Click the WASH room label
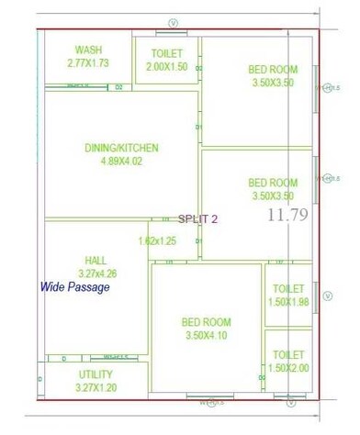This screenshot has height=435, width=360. click(x=88, y=50)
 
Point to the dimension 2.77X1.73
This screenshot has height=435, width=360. click(x=88, y=63)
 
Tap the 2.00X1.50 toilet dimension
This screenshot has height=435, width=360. click(x=166, y=67)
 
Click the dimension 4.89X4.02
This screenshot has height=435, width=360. click(x=122, y=162)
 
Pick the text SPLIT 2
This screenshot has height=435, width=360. click(x=198, y=218)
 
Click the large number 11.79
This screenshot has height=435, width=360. click(x=287, y=216)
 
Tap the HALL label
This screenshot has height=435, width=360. click(x=96, y=260)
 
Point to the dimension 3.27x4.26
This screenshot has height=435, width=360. click(x=96, y=273)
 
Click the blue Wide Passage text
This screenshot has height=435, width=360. click(x=75, y=287)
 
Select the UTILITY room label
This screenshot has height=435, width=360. click(x=96, y=375)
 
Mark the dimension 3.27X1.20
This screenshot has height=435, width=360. click(x=95, y=388)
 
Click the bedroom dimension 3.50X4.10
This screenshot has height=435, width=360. click(x=206, y=336)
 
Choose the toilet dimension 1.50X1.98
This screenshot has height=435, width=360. click(x=288, y=302)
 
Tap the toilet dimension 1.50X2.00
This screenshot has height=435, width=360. click(x=288, y=368)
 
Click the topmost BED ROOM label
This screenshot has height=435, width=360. click(x=273, y=70)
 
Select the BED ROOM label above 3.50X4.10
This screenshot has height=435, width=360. click(x=206, y=322)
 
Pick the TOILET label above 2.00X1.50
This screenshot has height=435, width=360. click(x=166, y=54)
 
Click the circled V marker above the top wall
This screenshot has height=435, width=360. click(x=173, y=21)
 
